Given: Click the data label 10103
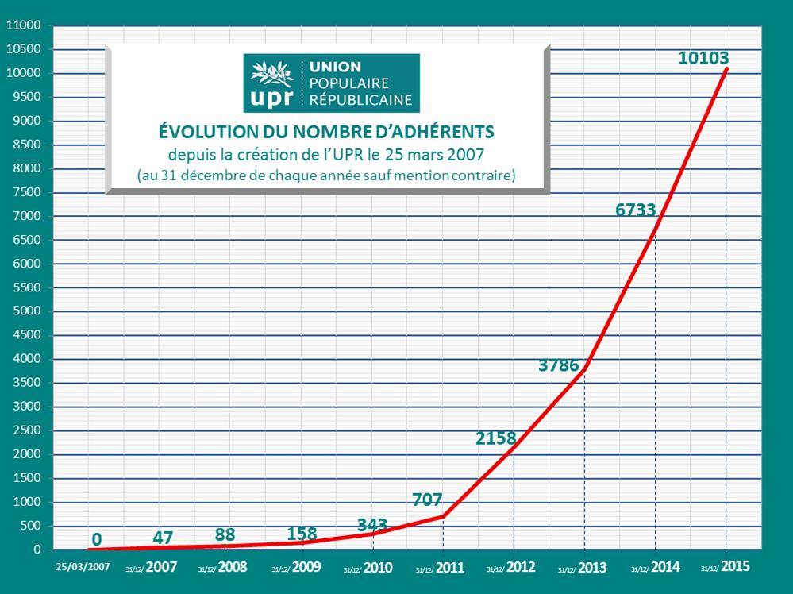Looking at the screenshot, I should pyautogui.click(x=703, y=58).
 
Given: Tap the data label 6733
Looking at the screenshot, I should pyautogui.click(x=636, y=210).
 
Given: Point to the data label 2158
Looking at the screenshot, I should pyautogui.click(x=496, y=438).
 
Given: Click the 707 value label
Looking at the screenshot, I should pyautogui.click(x=427, y=499).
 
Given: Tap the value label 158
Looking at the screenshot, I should pyautogui.click(x=301, y=533).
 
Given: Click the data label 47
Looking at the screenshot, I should pyautogui.click(x=163, y=538).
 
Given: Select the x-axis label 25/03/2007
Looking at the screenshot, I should pyautogui.click(x=83, y=568).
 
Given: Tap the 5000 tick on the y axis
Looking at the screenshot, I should pyautogui.click(x=26, y=311).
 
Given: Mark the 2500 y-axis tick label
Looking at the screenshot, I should pyautogui.click(x=26, y=430).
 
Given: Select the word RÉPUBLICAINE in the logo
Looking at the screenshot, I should pyautogui.click(x=362, y=100).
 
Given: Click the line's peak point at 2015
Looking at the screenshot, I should pyautogui.click(x=726, y=69).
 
